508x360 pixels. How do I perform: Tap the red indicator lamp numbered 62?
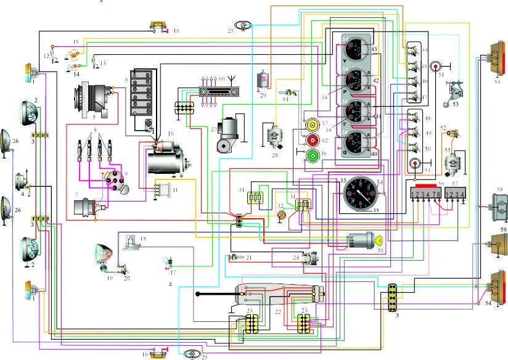click(312, 140)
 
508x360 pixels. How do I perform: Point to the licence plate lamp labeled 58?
click(499, 204)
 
